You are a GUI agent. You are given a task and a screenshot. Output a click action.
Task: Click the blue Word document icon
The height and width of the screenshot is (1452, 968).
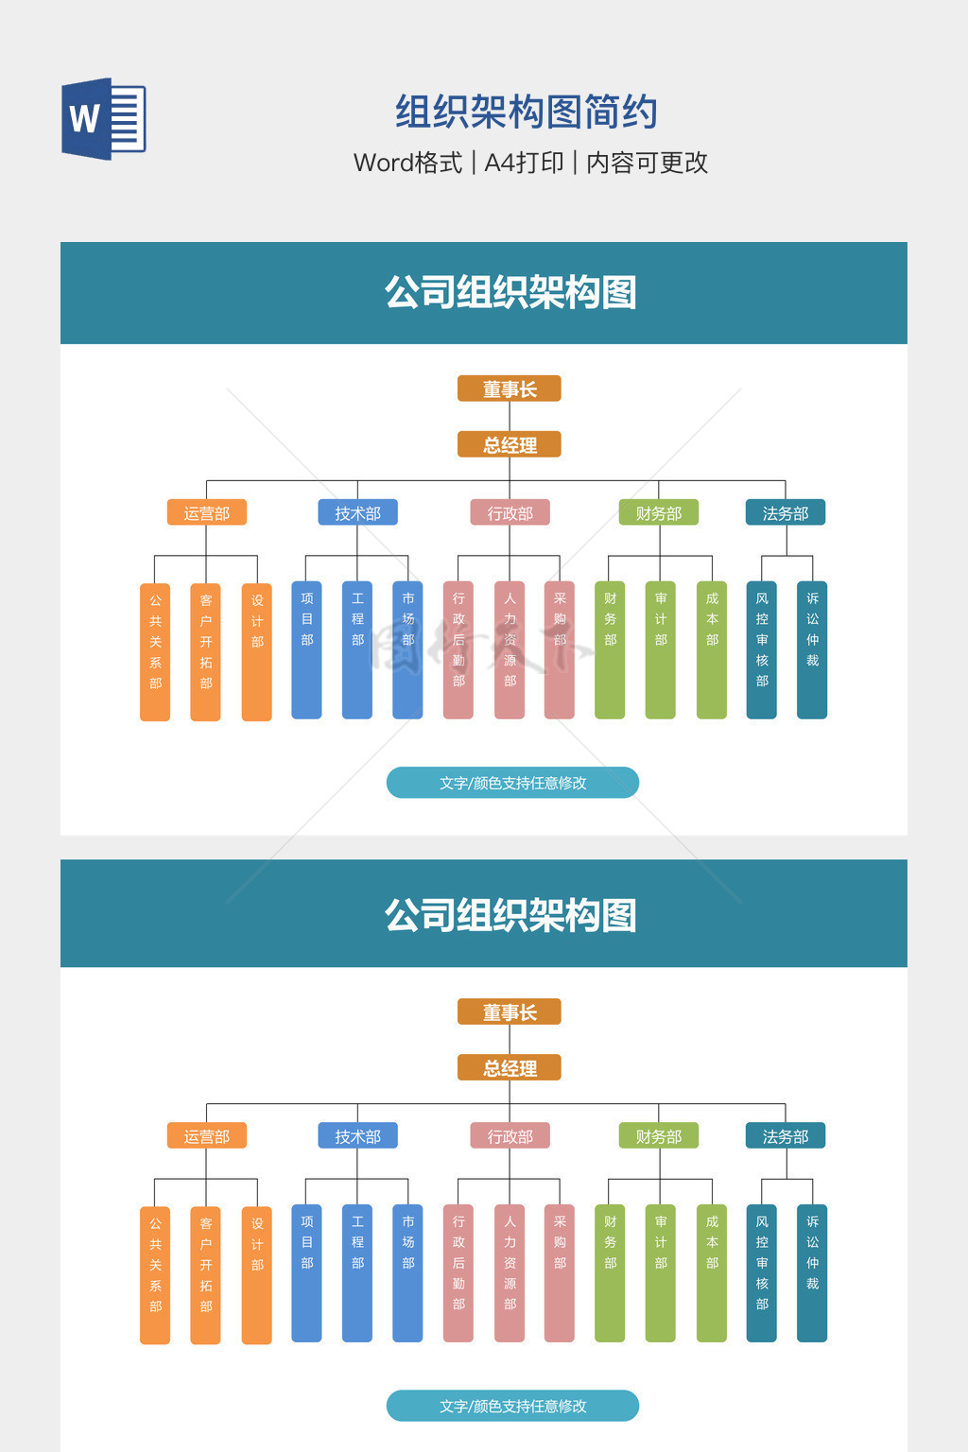tap(104, 118)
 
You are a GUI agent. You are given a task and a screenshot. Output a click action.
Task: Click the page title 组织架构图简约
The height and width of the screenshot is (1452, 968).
tap(527, 112)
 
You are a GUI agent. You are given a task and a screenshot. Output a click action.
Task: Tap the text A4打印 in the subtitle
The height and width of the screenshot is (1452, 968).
tap(524, 163)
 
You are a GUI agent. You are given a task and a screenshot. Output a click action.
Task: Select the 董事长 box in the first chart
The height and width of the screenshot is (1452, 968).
tap(509, 389)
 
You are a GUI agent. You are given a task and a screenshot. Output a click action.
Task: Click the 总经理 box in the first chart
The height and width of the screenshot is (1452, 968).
tap(509, 444)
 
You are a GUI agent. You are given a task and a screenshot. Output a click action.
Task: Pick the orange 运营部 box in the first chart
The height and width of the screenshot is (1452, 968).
tap(207, 512)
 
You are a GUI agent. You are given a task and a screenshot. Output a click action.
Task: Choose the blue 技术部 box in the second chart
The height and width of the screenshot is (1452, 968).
tap(357, 1135)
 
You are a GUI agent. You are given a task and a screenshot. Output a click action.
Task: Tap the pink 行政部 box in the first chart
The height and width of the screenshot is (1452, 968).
tap(510, 512)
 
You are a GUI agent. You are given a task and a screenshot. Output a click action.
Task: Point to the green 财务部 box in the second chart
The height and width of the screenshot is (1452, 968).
tap(659, 1135)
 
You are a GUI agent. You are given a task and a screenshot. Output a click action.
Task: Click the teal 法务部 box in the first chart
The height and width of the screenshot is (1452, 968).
tap(786, 512)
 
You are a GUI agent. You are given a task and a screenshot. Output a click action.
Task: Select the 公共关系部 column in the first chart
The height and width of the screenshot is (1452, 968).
tap(155, 651)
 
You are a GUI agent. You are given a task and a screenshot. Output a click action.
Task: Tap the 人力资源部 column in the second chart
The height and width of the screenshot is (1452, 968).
tap(509, 1273)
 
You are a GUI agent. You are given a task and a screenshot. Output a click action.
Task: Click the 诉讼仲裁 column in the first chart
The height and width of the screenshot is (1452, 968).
tap(812, 650)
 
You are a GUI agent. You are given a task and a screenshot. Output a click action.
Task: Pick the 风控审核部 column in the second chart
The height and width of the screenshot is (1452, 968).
tap(761, 1273)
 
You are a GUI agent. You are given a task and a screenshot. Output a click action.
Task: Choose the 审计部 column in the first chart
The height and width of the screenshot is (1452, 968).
tap(660, 650)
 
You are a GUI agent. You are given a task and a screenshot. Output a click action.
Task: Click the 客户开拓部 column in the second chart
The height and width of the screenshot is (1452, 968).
tap(205, 1275)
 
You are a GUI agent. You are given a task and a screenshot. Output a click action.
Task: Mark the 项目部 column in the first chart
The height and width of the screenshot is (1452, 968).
tap(306, 650)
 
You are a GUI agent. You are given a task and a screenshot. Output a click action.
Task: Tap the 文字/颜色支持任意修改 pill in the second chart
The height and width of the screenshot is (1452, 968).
tap(513, 1406)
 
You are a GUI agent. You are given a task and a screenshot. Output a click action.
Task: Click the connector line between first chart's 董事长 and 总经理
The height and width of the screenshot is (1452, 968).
tap(509, 416)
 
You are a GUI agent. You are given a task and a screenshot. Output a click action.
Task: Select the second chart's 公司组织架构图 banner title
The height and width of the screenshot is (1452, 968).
tap(510, 915)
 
